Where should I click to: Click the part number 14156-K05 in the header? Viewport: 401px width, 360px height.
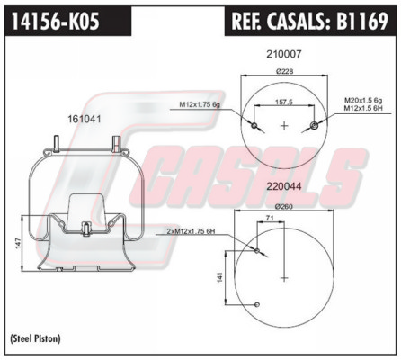(56, 21)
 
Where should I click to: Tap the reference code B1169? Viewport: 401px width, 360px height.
(362, 21)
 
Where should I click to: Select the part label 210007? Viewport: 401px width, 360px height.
(284, 54)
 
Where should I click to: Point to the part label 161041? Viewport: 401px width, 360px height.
(85, 119)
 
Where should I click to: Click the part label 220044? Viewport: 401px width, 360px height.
(284, 186)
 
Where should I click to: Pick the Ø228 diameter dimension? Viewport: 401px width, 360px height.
(284, 71)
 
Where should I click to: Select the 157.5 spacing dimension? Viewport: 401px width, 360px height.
(284, 103)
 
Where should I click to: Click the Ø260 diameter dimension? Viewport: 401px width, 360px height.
(284, 207)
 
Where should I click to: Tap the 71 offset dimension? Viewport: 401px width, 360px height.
(270, 218)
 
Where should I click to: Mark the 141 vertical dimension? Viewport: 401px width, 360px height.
(220, 277)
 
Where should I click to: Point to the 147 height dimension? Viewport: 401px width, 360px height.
(18, 243)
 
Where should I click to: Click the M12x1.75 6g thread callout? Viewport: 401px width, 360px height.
(200, 104)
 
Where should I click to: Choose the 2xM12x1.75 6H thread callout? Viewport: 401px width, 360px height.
(191, 231)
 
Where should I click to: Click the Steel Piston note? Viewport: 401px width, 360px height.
(36, 338)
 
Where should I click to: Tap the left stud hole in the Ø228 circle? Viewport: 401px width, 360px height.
(254, 125)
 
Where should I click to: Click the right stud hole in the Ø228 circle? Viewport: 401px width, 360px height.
(315, 125)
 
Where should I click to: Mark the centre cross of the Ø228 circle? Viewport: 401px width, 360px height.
(284, 125)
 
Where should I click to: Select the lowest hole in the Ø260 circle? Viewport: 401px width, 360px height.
(257, 305)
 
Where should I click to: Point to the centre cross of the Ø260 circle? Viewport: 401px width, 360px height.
(284, 278)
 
